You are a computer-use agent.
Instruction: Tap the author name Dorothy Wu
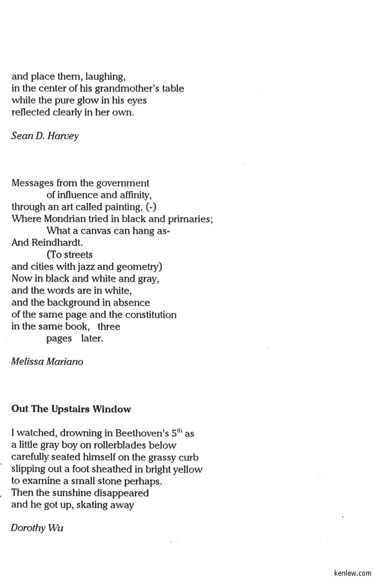tap(37, 527)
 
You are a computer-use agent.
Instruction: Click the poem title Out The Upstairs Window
tap(71, 409)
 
